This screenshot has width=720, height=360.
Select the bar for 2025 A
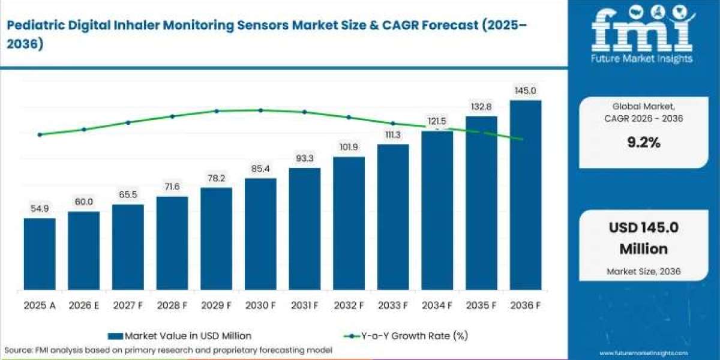[x=40, y=254]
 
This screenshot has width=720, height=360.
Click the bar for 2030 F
[x=260, y=234]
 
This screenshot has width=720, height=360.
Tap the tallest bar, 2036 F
[x=526, y=195]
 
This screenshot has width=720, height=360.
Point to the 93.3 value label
[x=304, y=158]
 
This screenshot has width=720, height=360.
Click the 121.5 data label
[x=437, y=121]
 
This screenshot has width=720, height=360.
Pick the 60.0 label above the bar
[x=84, y=202]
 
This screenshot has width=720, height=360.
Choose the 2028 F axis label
[x=172, y=305]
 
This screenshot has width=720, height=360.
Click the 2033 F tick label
[x=393, y=305]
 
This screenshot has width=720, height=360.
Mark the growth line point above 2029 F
[x=217, y=111]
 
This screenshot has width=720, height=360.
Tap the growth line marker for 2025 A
[x=40, y=134]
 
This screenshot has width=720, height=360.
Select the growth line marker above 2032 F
[x=349, y=118]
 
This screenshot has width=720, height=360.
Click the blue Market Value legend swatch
[x=115, y=336]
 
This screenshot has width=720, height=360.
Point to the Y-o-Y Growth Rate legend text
[x=415, y=336]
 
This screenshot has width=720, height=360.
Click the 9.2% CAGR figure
[x=644, y=142]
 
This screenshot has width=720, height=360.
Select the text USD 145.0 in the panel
[x=643, y=227]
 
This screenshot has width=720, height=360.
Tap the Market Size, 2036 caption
[x=643, y=271]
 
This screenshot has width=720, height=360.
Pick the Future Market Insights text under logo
[x=641, y=59]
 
